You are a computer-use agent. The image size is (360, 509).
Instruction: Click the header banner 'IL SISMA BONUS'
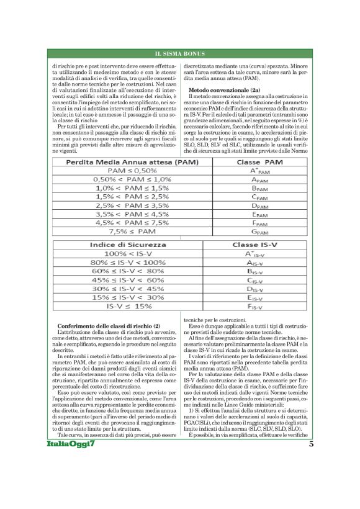179,54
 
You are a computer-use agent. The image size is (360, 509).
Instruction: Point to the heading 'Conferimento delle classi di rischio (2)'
109,326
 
